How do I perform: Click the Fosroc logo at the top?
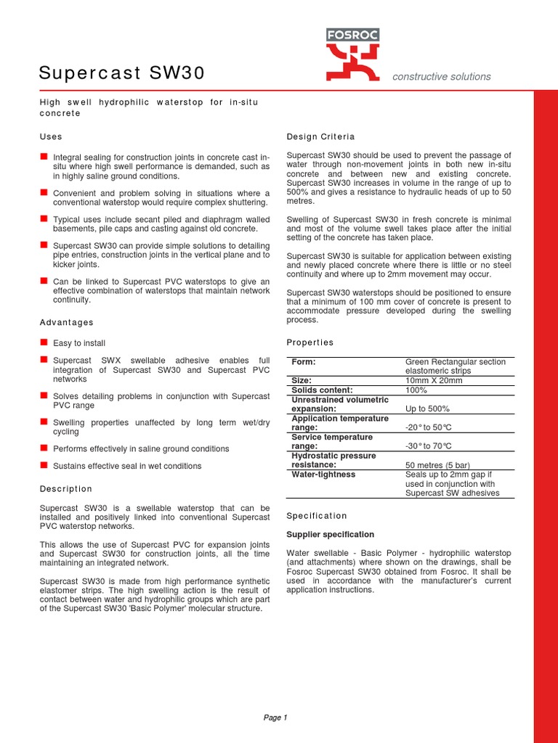click(x=352, y=54)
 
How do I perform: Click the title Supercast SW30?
click(x=121, y=73)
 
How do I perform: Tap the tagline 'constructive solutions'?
click(x=441, y=77)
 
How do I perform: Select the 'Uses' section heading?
click(x=51, y=136)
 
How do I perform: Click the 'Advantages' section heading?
click(x=66, y=322)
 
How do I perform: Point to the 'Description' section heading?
click(x=66, y=489)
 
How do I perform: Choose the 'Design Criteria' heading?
click(x=320, y=136)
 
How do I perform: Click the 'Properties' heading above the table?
click(x=310, y=342)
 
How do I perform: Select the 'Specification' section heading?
click(x=317, y=516)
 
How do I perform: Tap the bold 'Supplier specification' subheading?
click(x=331, y=534)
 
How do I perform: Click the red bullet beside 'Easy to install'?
click(x=44, y=342)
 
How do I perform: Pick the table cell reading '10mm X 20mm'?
click(x=433, y=380)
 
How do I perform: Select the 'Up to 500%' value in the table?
click(x=427, y=409)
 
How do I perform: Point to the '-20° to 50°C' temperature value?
click(x=428, y=427)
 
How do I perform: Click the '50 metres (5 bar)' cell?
click(x=438, y=464)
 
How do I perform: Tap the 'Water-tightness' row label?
click(x=323, y=475)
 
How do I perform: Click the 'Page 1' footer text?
click(x=275, y=718)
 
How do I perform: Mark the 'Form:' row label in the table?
click(x=303, y=362)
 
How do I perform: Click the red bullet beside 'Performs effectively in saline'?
click(x=44, y=448)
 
